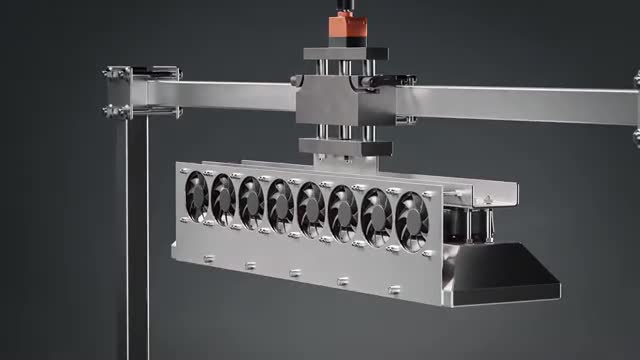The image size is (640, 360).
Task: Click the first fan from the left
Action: (197, 195)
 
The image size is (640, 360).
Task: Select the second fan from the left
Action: (224, 199)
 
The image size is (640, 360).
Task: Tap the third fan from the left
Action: (252, 202)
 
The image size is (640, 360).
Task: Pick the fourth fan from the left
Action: (281, 205)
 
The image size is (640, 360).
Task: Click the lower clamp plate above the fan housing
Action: (345, 147)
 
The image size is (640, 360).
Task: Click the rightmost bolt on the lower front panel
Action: (395, 289)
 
